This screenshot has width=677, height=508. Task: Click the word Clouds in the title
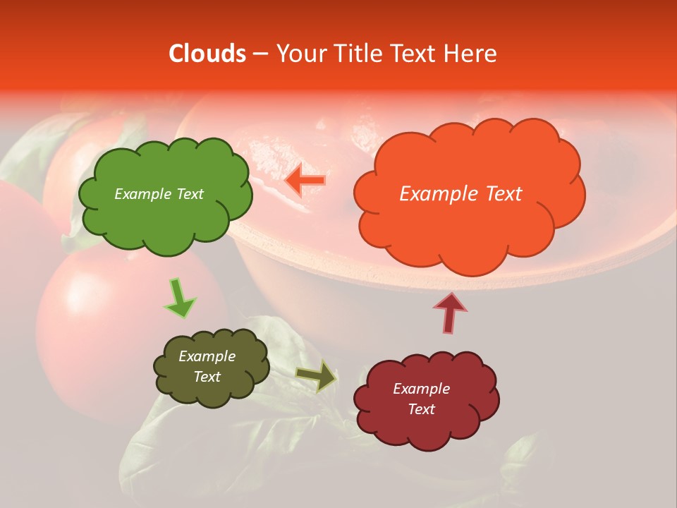pos(207,54)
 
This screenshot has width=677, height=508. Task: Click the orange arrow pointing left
pos(305,181)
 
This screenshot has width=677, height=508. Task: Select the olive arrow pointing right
pos(315,375)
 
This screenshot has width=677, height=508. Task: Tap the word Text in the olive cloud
pos(207,377)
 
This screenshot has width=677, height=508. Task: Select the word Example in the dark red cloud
pos(421,389)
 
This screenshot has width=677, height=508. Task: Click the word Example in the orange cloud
pos(437,194)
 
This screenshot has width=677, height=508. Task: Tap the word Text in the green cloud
pos(190,194)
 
